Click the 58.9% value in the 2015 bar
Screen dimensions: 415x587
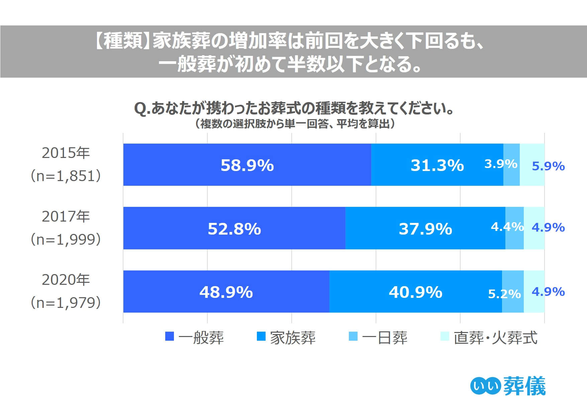[247, 165]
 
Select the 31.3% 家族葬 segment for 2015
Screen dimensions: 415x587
[437, 165]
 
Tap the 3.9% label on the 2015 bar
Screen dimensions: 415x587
[501, 164]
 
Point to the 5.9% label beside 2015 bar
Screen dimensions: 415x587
[548, 166]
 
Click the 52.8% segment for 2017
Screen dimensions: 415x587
[234, 229]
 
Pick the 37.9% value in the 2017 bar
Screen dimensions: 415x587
[425, 229]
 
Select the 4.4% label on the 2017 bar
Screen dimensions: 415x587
[507, 227]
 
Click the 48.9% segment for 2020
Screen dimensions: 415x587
[226, 292]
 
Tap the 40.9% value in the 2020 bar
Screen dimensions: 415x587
[415, 292]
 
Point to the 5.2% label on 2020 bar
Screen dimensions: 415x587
[504, 294]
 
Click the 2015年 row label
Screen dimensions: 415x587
[66, 153]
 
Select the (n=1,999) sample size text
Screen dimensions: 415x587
[66, 239]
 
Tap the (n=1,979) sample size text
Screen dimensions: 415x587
[66, 303]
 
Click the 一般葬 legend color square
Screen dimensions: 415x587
[170, 336]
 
